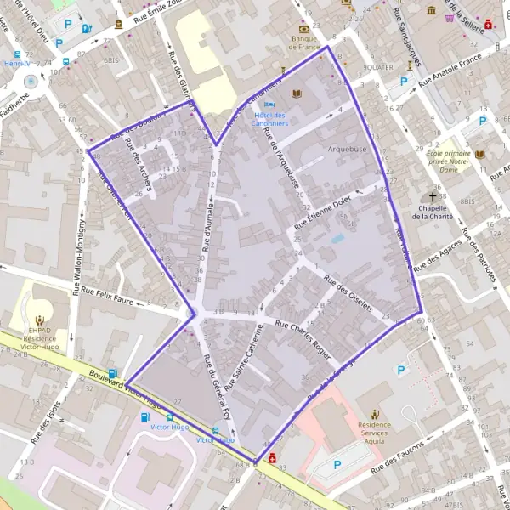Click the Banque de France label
coord(304,42)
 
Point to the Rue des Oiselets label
coord(348,295)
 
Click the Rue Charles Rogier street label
coord(299,326)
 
